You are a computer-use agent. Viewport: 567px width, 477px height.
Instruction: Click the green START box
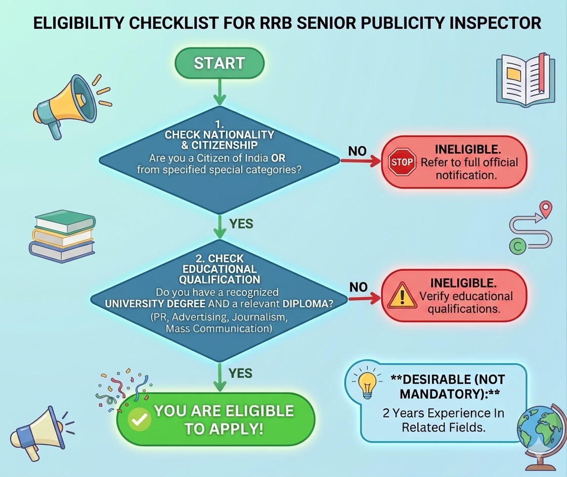[x=220, y=63]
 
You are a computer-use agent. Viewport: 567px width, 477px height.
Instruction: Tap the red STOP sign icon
[x=402, y=162]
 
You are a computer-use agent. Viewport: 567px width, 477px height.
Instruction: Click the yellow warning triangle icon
[x=402, y=295]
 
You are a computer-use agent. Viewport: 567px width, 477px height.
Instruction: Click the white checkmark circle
[x=139, y=419]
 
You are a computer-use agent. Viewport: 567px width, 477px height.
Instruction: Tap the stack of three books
[x=62, y=235]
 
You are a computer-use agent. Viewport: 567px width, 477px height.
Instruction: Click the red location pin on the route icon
[x=546, y=209]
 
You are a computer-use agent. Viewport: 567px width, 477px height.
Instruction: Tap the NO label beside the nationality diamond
[x=357, y=151]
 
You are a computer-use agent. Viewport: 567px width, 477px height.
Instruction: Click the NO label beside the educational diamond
[x=358, y=288]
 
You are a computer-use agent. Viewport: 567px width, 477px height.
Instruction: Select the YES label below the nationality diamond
[x=241, y=224]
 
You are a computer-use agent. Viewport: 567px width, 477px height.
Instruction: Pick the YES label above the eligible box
[x=240, y=373]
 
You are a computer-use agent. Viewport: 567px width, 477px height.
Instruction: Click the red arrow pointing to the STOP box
[x=360, y=162]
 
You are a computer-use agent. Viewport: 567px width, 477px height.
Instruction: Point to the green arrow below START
[x=220, y=92]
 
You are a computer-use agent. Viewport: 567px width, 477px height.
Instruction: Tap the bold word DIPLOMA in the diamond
[x=305, y=304]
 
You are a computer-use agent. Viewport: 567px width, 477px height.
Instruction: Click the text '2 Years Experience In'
[x=443, y=413]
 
